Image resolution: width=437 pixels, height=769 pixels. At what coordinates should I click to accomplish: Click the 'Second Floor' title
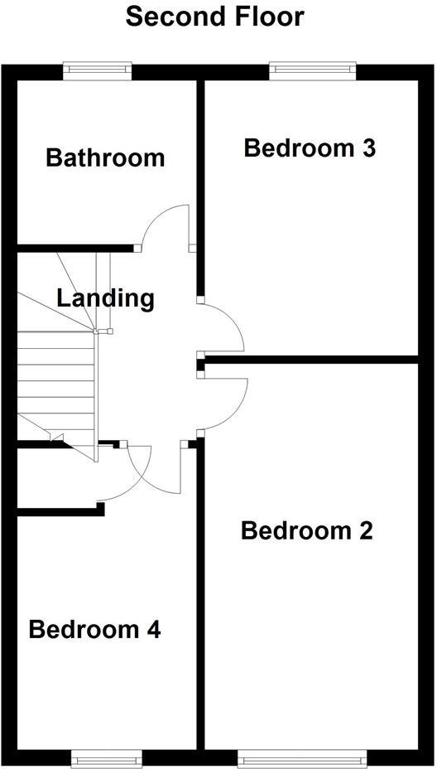click(214, 16)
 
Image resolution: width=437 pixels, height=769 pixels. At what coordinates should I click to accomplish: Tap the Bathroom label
click(105, 157)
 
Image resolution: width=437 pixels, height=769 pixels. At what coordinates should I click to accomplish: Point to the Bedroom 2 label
click(306, 530)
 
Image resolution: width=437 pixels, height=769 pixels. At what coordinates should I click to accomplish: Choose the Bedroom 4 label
click(94, 630)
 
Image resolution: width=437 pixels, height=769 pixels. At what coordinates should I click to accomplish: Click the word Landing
click(105, 297)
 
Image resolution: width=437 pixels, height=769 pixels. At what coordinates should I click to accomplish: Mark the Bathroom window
click(98, 71)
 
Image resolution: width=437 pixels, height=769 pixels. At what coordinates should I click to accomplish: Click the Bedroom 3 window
click(313, 71)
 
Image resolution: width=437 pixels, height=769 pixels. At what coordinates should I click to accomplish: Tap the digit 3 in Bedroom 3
click(368, 148)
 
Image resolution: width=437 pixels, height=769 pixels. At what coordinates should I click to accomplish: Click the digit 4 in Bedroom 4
click(153, 630)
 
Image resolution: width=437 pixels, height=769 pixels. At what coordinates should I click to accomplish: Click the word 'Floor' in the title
click(265, 16)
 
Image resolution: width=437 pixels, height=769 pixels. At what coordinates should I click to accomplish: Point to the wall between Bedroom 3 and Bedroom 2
click(310, 360)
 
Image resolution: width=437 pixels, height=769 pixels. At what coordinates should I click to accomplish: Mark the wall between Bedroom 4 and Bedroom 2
click(200, 597)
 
